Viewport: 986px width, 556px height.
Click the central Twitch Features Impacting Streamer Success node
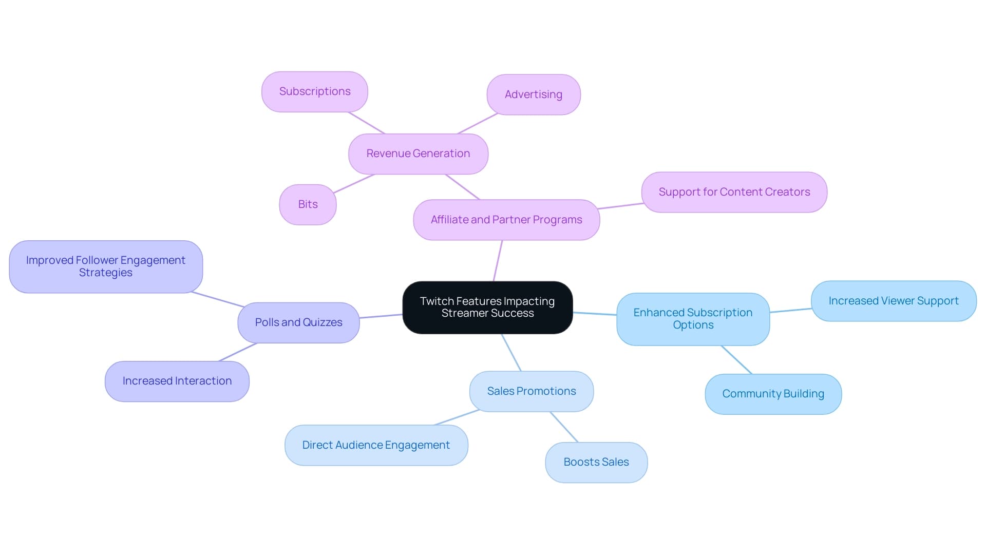(487, 307)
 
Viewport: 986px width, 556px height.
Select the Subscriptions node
(315, 91)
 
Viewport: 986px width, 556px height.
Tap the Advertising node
(533, 94)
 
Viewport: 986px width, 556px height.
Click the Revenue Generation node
(418, 154)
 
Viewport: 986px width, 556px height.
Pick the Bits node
(308, 204)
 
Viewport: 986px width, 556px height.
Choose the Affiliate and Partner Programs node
(506, 220)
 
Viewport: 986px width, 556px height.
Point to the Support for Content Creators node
(734, 192)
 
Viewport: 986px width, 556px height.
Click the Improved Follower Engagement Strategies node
(106, 266)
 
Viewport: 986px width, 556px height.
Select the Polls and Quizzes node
(298, 322)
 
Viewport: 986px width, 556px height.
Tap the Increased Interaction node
(177, 381)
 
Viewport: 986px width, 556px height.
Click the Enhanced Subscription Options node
(693, 319)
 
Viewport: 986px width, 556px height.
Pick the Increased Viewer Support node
(894, 301)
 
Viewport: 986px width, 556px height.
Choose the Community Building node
(773, 394)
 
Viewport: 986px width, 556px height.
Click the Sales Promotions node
(532, 391)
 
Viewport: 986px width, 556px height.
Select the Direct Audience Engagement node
(376, 445)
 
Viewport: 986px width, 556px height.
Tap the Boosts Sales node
(596, 462)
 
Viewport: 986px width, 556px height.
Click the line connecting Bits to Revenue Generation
(354, 184)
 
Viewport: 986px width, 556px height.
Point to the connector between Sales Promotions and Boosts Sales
(564, 427)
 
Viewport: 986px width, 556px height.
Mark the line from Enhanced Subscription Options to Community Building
(736, 359)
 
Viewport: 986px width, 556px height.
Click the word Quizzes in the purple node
(323, 322)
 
